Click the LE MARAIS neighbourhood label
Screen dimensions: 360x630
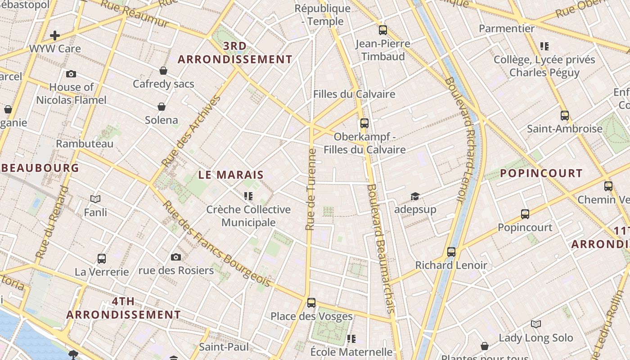pos(231,175)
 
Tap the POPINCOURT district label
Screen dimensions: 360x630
pos(541,173)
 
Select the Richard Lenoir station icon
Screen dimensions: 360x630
pos(451,252)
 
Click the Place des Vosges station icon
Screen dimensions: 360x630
pos(311,303)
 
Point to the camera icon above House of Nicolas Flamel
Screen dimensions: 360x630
pos(71,74)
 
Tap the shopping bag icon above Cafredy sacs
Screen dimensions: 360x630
pos(163,71)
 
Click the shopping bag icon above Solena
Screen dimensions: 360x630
pos(162,107)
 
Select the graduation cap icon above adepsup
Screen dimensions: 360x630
pos(414,196)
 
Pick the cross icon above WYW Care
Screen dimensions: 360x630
pos(55,35)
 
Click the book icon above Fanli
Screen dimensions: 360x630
pos(95,198)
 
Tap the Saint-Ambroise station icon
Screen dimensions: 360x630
pos(564,116)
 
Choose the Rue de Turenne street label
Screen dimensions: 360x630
pos(311,189)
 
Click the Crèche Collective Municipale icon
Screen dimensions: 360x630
pos(248,196)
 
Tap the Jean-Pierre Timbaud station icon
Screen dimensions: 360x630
pos(383,30)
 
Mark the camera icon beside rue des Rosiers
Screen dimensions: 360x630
pos(176,257)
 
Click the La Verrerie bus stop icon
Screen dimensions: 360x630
pos(102,259)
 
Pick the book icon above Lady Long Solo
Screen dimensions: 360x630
pos(535,324)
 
